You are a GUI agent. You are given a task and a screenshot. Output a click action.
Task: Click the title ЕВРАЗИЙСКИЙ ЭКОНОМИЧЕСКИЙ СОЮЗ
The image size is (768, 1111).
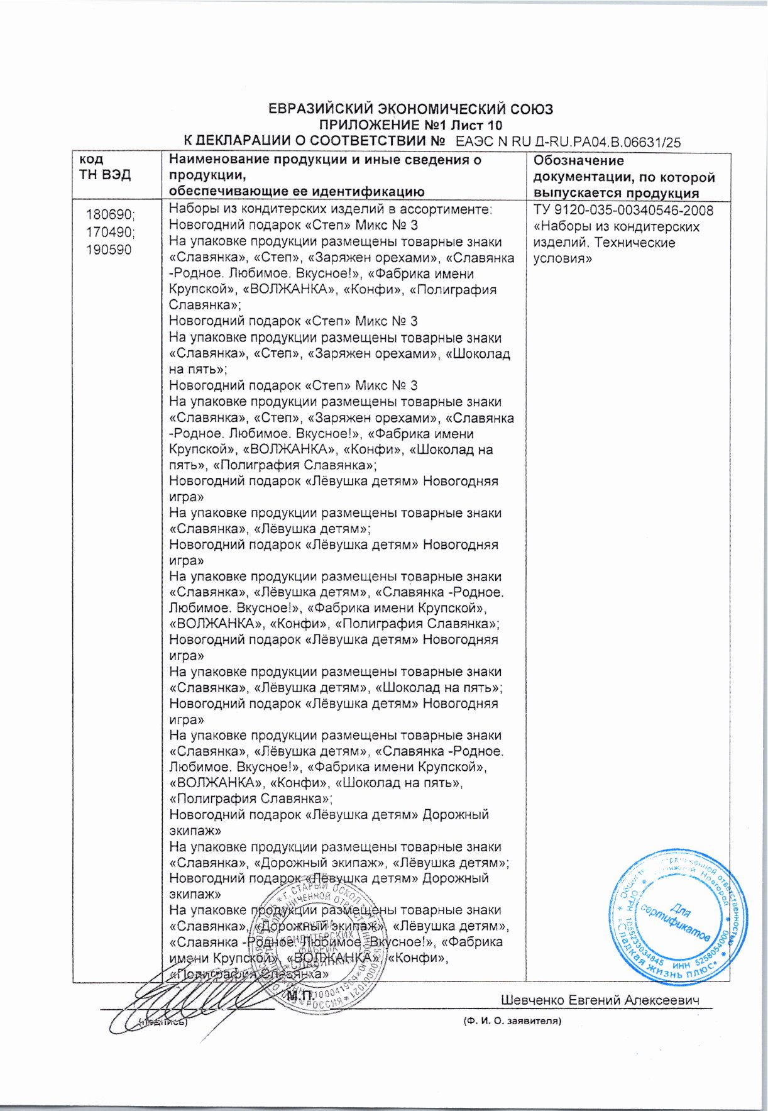click(x=410, y=109)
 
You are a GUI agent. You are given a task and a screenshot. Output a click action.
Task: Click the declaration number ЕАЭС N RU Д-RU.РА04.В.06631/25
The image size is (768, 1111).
click(x=568, y=142)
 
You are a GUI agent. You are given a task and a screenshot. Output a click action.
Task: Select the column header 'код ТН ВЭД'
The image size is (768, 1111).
click(x=104, y=167)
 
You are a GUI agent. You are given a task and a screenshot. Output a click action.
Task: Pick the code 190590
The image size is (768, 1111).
click(x=109, y=250)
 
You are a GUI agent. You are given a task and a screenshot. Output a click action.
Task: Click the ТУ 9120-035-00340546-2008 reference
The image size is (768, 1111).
click(x=623, y=211)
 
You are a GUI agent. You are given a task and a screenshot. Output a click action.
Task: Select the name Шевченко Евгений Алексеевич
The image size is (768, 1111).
click(x=600, y=1000)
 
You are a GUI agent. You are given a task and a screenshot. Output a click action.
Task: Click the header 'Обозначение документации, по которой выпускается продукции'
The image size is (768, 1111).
click(x=623, y=177)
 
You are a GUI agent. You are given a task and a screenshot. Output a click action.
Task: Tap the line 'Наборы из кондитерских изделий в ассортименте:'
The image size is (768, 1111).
click(x=331, y=210)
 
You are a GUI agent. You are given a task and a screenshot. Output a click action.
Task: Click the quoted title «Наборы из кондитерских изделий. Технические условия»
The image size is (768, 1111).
click(x=615, y=243)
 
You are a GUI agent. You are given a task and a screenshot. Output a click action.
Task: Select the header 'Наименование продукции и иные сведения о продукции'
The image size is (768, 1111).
click(x=325, y=167)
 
